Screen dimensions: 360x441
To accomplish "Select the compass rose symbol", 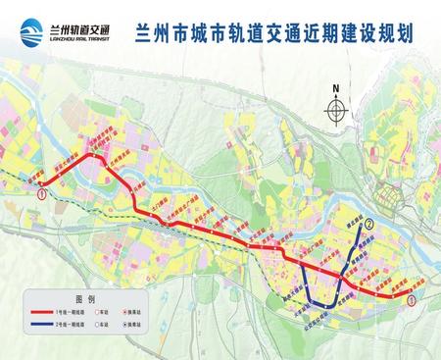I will pyautogui.click(x=335, y=110).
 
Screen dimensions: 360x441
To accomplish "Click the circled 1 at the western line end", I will pyautogui.click(x=41, y=194).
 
